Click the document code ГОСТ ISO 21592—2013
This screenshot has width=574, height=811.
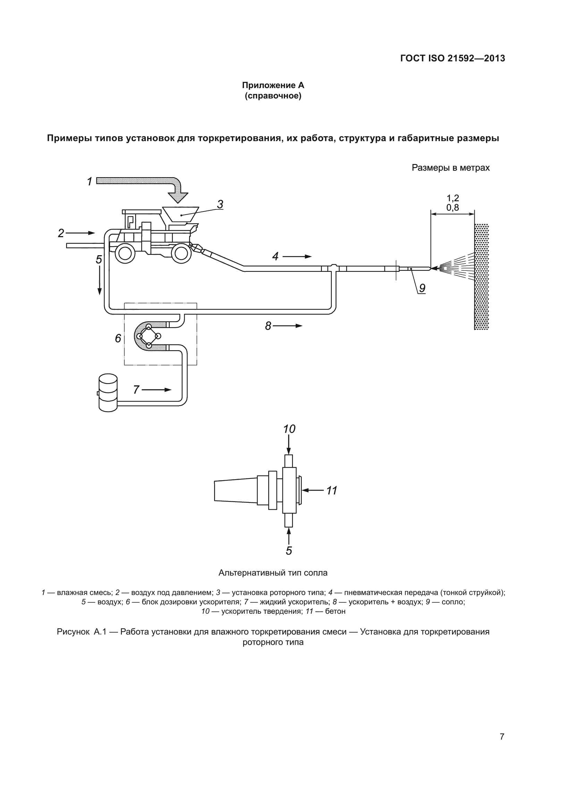coord(453,58)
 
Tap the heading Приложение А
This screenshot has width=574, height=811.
coord(273,85)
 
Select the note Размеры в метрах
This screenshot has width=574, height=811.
coord(451,168)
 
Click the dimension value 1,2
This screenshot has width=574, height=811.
coord(453,198)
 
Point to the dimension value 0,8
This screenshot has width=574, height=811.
coord(453,208)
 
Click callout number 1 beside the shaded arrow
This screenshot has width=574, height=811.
coord(90,182)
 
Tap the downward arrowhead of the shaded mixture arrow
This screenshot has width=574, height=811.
coord(178,197)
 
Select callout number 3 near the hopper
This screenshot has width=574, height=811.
coord(220,204)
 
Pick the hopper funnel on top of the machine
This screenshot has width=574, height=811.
coord(180,214)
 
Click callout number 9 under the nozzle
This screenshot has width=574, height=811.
coord(422,288)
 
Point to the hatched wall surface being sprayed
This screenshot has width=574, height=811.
coord(481,277)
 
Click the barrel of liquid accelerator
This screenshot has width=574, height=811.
coord(108,392)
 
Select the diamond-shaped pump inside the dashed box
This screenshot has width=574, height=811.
coord(149,336)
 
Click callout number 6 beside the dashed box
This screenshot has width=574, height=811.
coord(118,338)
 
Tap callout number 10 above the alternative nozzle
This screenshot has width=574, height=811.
coord(289,429)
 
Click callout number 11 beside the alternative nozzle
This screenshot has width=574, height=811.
coord(331,491)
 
